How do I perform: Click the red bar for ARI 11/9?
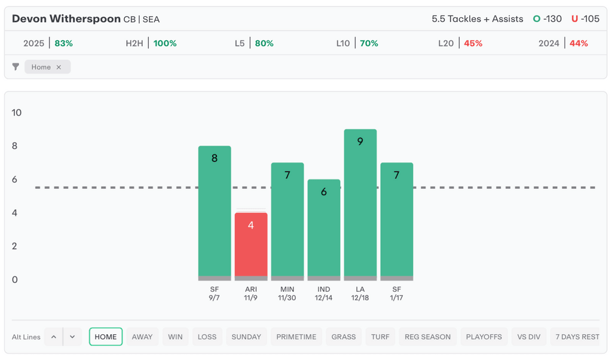point(250,246)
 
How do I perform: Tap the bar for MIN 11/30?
point(287,221)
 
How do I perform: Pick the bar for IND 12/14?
point(324,230)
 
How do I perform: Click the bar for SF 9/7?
point(215,213)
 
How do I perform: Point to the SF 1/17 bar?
point(397,221)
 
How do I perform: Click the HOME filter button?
point(106,337)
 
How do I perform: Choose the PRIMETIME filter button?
point(296,337)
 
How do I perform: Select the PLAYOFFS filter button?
point(484,337)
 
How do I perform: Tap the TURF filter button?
point(380,337)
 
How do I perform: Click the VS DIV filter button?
point(529,337)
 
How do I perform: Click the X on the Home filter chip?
point(59,67)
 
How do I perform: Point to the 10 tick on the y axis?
point(17,112)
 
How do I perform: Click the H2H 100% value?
point(165,43)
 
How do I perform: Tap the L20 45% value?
point(473,43)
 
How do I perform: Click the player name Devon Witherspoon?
point(66,19)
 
